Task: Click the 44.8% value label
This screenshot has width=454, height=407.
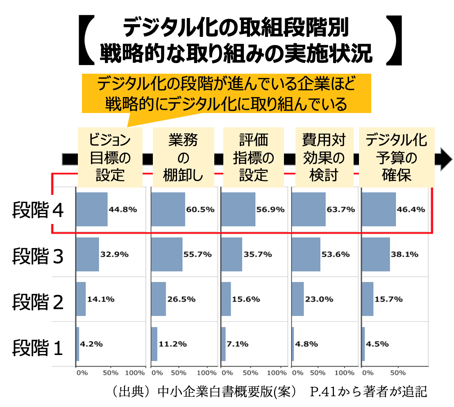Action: coord(123,209)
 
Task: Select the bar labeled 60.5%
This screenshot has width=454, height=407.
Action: coord(168,209)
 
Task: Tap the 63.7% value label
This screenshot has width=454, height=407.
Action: coord(341,209)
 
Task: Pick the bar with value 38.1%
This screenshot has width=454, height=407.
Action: coord(376,254)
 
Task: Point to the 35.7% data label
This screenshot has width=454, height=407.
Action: coord(258,254)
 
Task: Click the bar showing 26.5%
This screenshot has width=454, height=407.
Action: coord(159,299)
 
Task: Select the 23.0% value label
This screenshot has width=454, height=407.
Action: coord(319,299)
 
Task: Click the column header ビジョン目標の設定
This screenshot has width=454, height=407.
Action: coord(110,158)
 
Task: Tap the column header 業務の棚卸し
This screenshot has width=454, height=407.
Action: coord(183,158)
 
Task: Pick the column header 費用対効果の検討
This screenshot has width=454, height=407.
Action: coord(324,158)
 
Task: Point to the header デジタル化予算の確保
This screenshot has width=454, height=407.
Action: coord(396,158)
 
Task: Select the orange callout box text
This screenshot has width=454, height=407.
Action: coord(226,93)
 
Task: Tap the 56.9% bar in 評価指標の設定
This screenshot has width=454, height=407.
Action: coord(238,209)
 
